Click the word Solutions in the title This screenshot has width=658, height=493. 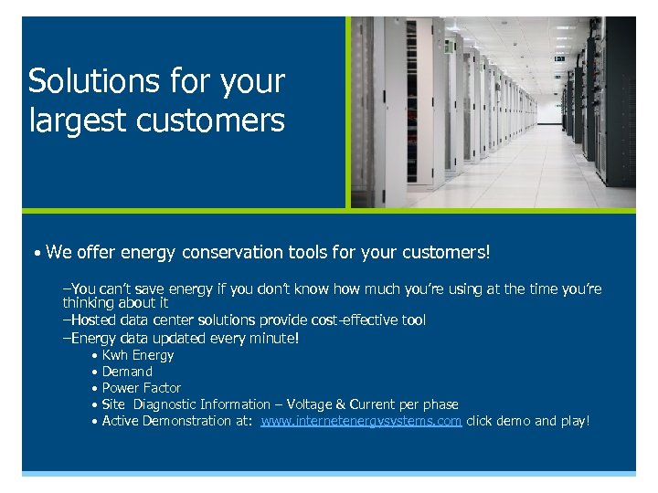pyautogui.click(x=93, y=81)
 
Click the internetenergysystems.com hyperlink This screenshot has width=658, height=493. pyautogui.click(x=361, y=421)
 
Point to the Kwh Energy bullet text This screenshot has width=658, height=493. pyautogui.click(x=137, y=355)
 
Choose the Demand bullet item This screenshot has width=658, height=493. pyautogui.click(x=127, y=372)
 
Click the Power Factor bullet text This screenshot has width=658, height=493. pyautogui.click(x=141, y=388)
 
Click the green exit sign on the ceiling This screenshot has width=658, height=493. pyautogui.click(x=559, y=58)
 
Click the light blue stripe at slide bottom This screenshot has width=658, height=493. pyautogui.click(x=329, y=473)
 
